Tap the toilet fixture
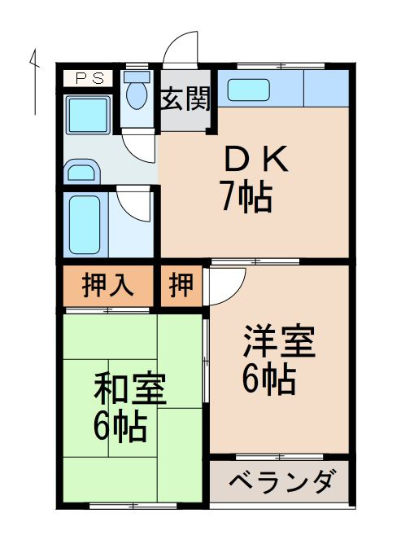coord(136,91)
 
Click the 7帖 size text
coord(245,197)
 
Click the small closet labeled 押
coord(181,286)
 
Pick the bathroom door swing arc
coord(135,203)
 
